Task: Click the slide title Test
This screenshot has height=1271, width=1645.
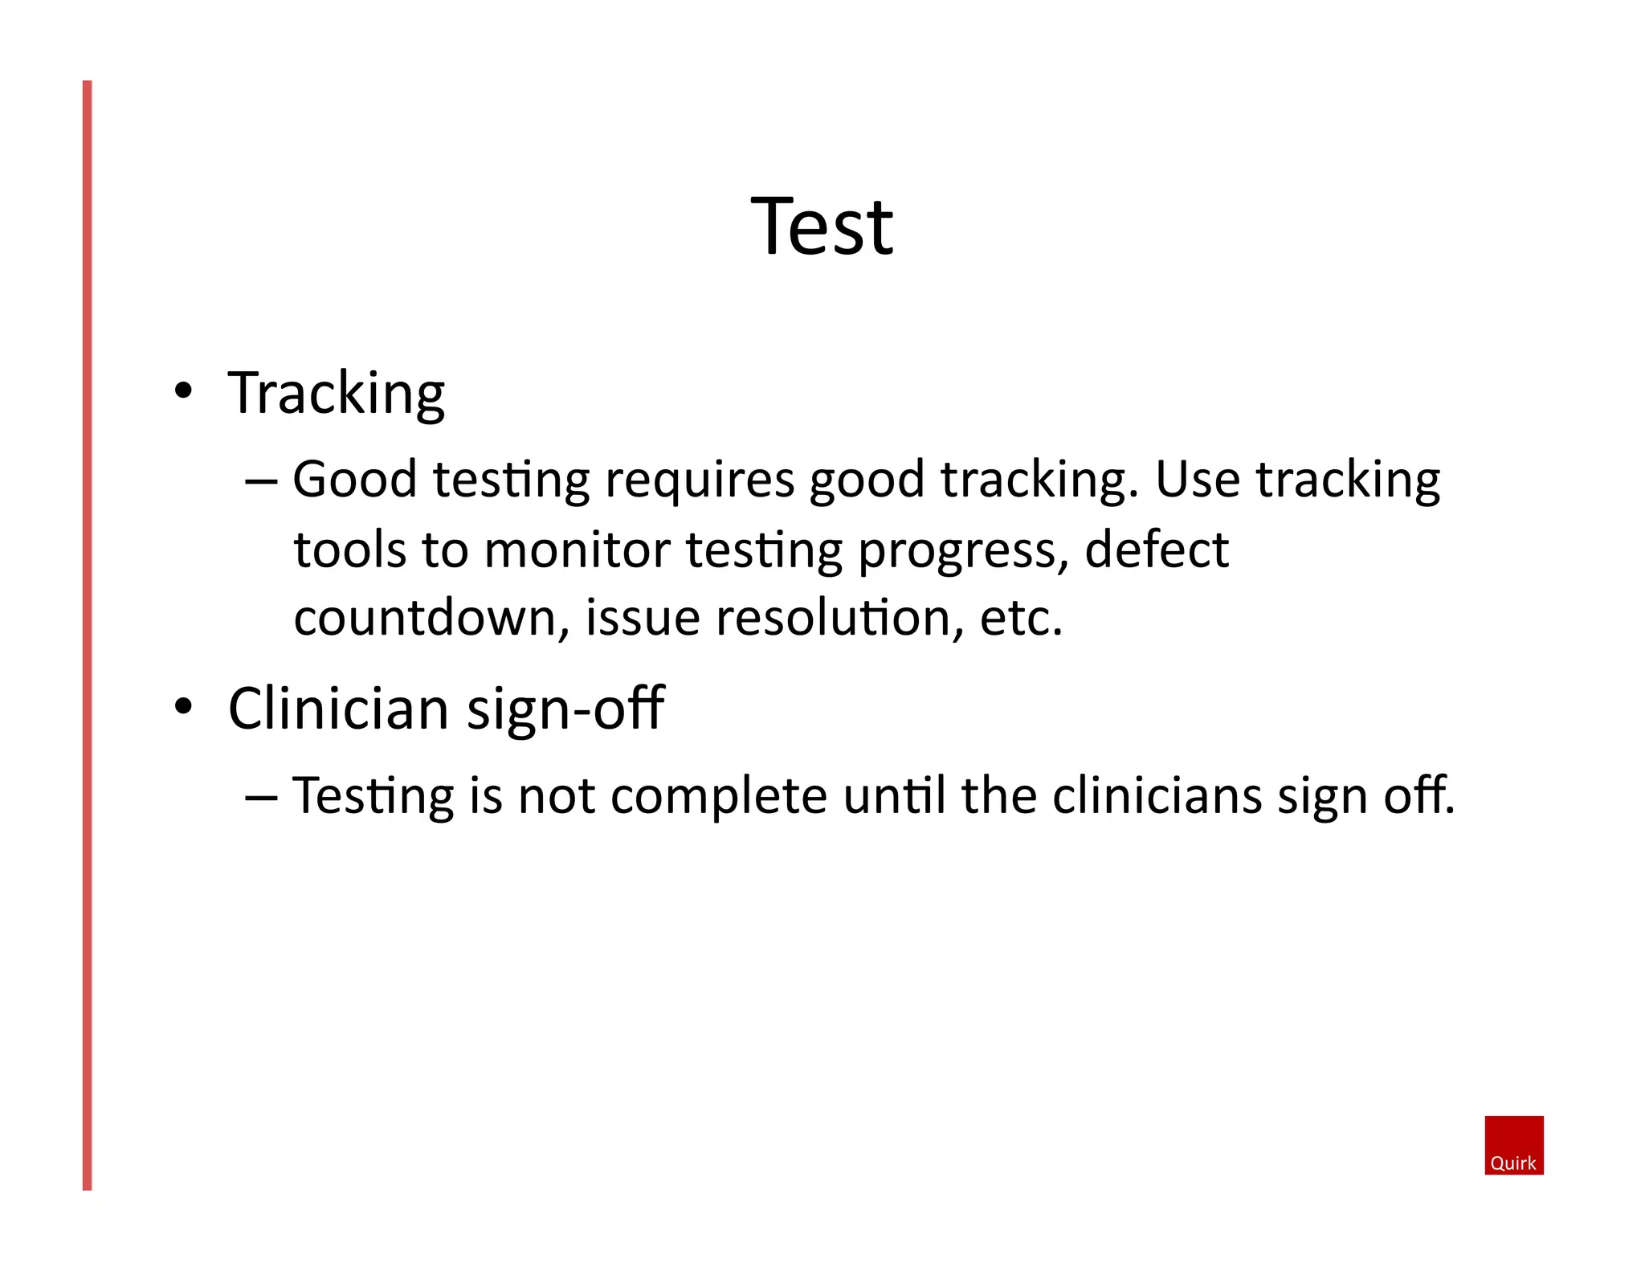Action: pos(821,227)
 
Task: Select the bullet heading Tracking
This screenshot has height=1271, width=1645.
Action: pos(336,394)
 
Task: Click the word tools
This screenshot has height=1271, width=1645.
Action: pos(349,550)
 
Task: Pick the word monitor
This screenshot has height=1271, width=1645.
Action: pos(577,550)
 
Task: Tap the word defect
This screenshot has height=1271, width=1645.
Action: pos(1156,550)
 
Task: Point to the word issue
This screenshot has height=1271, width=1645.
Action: pos(642,618)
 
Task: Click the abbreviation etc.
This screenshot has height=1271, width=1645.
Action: pos(1021,618)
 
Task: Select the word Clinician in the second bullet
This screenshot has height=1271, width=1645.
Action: pos(338,709)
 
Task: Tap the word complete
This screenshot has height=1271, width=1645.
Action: pos(719,796)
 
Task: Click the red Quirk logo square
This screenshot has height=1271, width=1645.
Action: pos(1513,1145)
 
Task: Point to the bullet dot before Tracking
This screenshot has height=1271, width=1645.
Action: pos(183,391)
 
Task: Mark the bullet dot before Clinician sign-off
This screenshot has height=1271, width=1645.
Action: pos(183,707)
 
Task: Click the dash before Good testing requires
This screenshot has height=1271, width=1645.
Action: pos(261,482)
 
